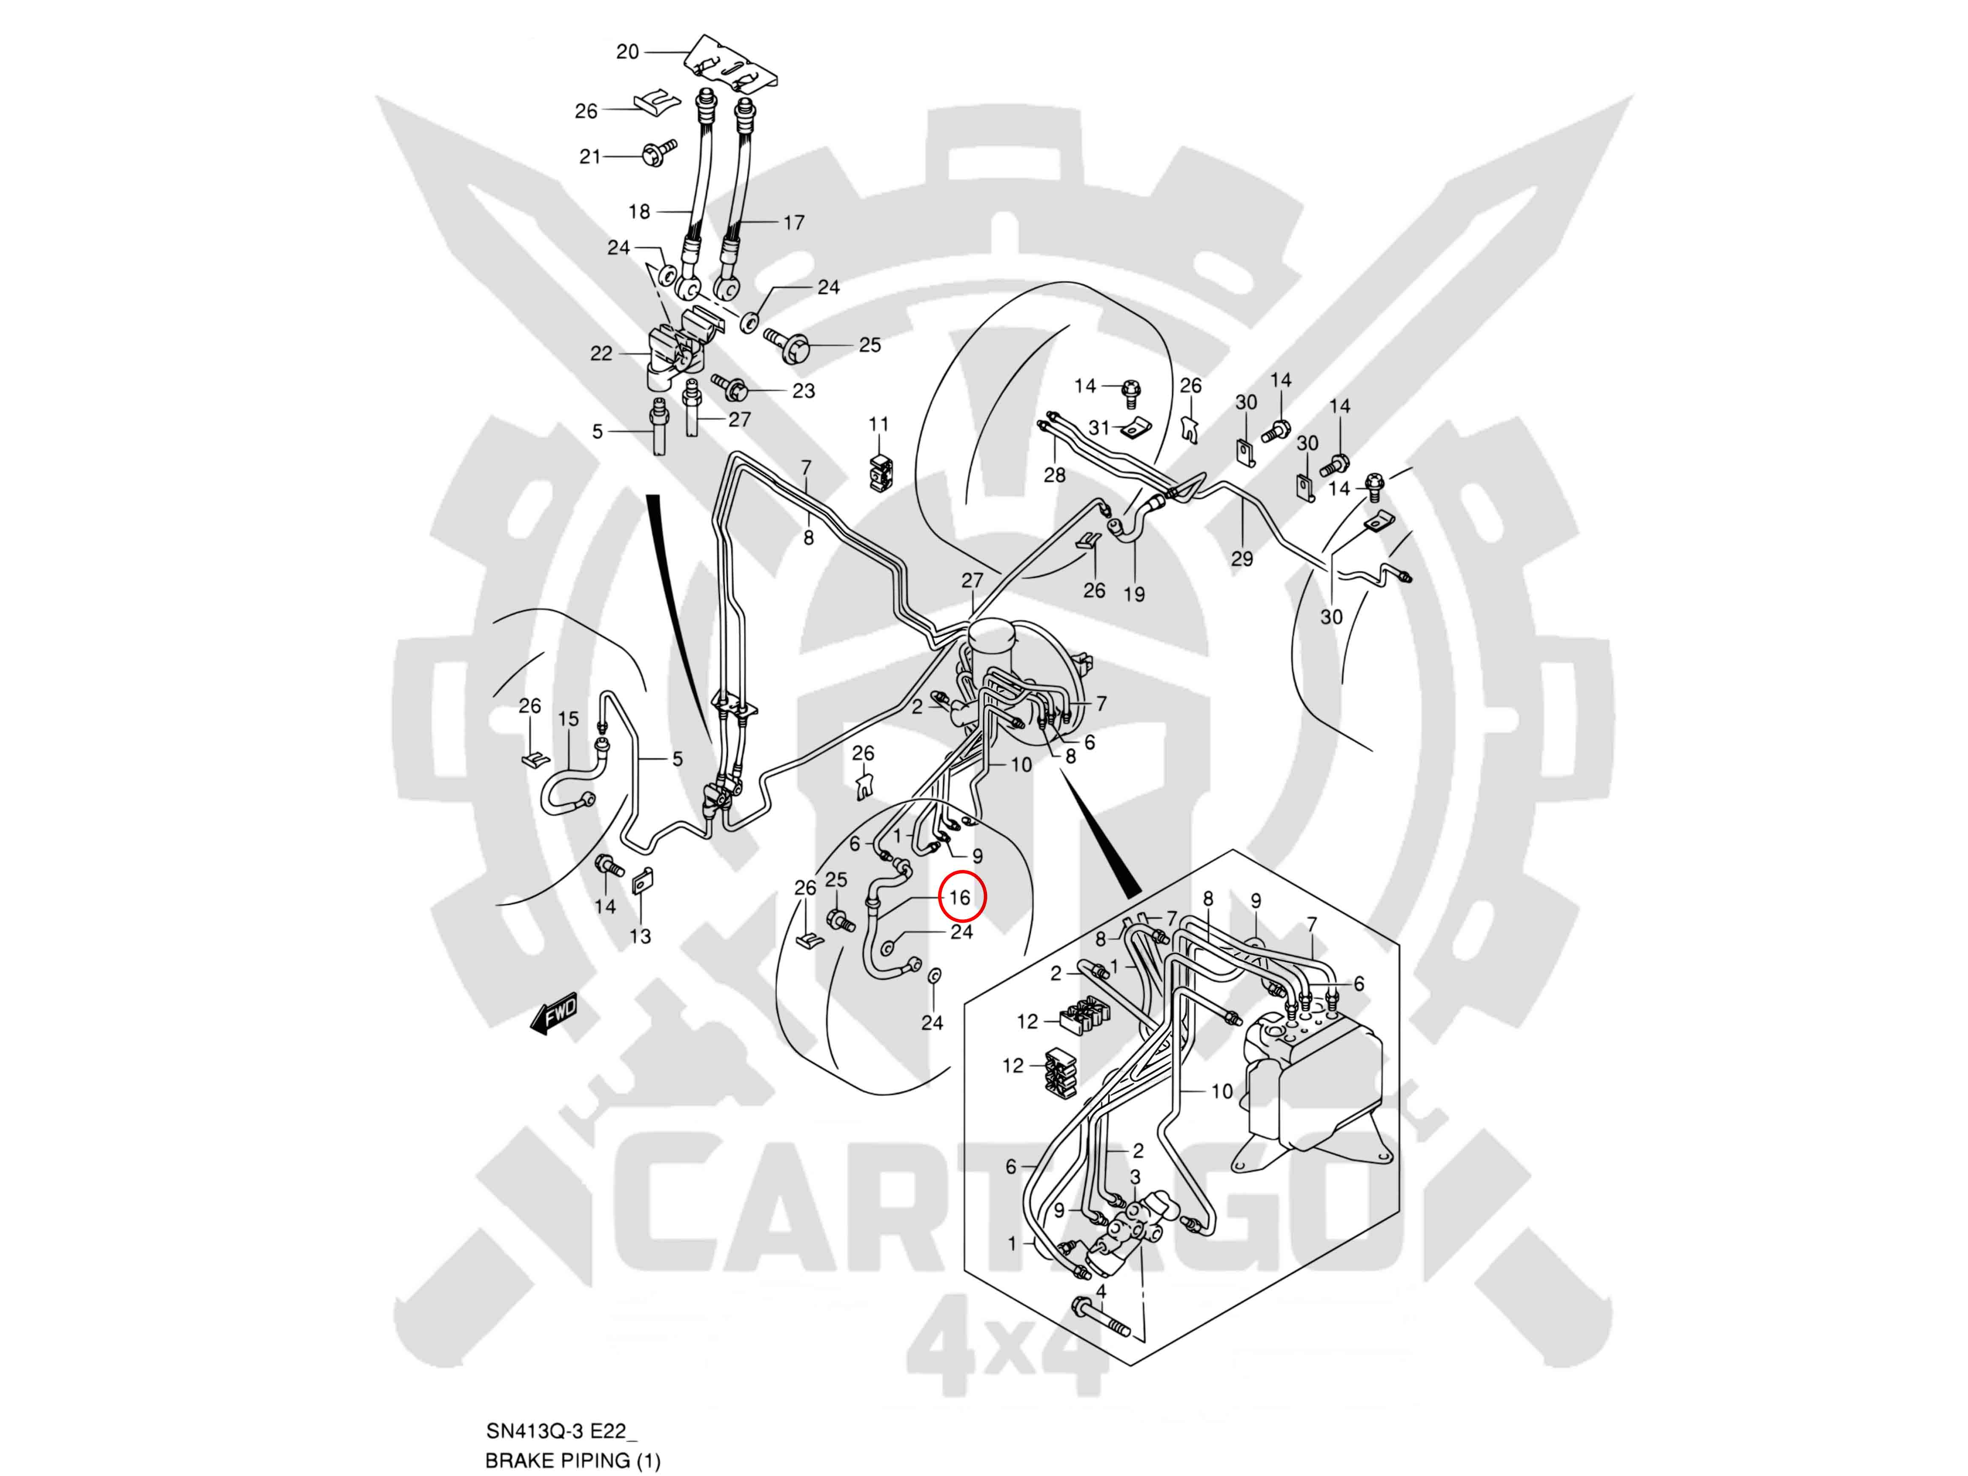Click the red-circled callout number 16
tap(959, 898)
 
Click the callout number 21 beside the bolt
tap(590, 157)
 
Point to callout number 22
tap(601, 353)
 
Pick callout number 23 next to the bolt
tap(804, 391)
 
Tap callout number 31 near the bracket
tap(1100, 428)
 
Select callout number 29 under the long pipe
tap(1242, 559)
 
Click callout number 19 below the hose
tap(1134, 593)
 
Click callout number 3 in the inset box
tap(1135, 1177)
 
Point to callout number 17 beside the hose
tap(794, 223)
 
